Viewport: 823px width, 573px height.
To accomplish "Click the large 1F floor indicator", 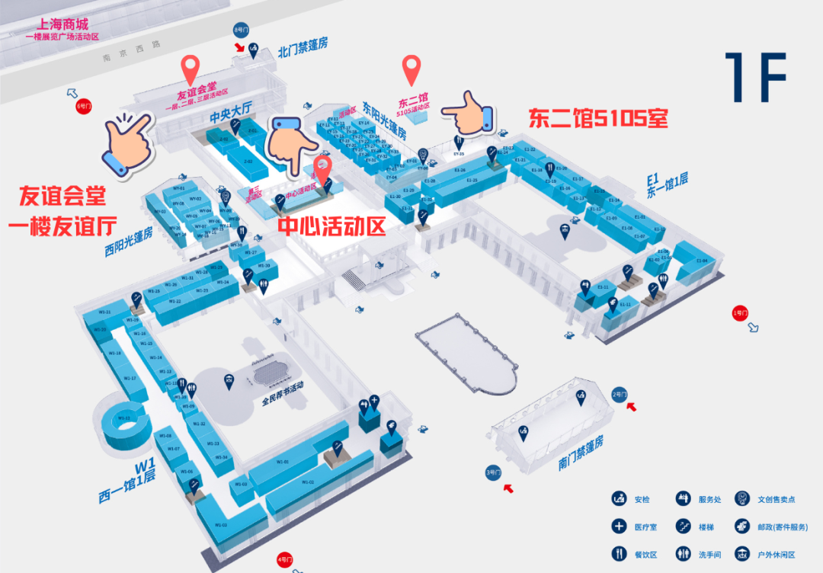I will point(755,77).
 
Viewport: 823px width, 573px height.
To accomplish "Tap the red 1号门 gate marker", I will point(737,313).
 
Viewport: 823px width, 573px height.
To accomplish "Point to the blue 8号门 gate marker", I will point(241,30).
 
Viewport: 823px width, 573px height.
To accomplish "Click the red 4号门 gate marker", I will point(285,560).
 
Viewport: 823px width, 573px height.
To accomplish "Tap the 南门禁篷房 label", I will point(581,453).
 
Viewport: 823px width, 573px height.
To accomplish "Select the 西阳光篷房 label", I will point(130,242).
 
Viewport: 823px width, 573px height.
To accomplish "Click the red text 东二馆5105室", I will point(598,118).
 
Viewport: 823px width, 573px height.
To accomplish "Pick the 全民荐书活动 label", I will point(283,397).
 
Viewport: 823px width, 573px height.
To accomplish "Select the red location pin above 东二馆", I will point(412,71).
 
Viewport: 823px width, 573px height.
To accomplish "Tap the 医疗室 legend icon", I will point(618,526).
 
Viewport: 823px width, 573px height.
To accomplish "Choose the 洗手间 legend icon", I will point(682,552).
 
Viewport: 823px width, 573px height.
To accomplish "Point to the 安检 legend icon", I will point(618,499).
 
